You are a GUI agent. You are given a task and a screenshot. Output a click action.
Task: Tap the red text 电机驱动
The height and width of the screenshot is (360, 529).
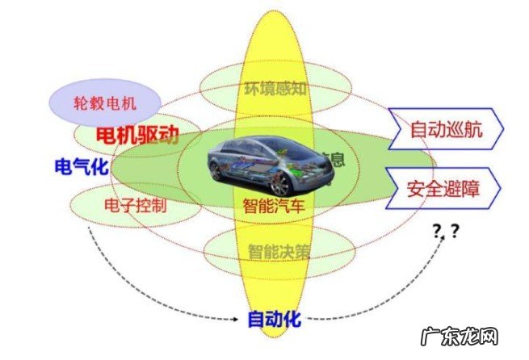tap(137, 133)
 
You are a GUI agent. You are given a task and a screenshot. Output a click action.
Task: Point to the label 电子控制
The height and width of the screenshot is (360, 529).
tap(136, 204)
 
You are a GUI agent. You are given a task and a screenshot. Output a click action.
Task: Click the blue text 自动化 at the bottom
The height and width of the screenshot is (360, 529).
tap(274, 318)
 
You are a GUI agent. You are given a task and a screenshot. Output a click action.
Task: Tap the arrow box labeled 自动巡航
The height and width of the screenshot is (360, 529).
tap(447, 129)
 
